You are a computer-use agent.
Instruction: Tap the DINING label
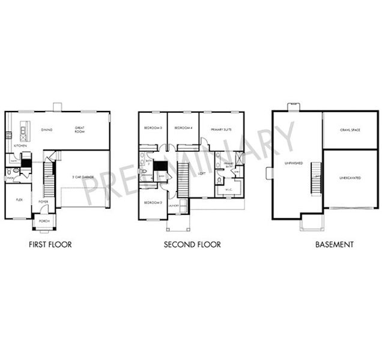click(x=47, y=129)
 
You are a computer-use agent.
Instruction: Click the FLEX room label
click(x=19, y=199)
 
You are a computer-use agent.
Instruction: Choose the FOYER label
click(x=44, y=202)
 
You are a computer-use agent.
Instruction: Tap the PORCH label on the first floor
click(x=44, y=221)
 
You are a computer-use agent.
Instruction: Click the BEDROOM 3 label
click(x=153, y=128)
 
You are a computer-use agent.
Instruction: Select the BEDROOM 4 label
click(x=183, y=128)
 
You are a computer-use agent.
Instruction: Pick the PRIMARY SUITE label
click(x=221, y=129)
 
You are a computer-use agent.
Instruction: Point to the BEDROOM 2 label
click(x=153, y=202)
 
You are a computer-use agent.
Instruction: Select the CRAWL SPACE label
click(x=350, y=130)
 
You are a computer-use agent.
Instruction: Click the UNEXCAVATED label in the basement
click(x=350, y=178)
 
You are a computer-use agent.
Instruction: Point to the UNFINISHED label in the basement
click(x=294, y=163)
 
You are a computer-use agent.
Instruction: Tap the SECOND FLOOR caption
click(x=192, y=245)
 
